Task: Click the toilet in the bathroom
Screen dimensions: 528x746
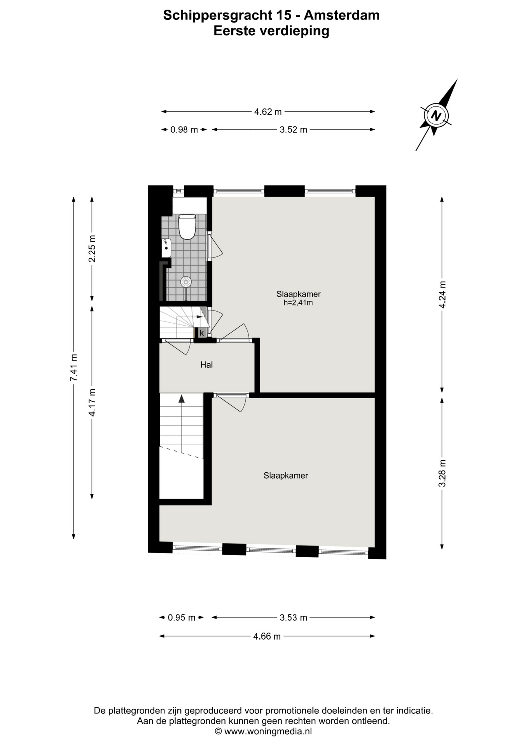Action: click(187, 227)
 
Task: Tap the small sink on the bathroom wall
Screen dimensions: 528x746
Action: click(166, 248)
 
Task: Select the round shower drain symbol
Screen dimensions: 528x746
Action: click(186, 282)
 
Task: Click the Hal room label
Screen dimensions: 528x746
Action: click(206, 364)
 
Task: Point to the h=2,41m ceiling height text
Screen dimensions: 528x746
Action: click(298, 303)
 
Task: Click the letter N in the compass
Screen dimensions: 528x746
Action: click(436, 115)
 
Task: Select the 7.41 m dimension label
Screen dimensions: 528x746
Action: click(73, 367)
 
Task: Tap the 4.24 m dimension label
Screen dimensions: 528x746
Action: click(442, 295)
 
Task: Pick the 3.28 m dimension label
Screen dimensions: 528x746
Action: click(442, 473)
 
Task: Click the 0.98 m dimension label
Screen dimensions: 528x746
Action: click(184, 130)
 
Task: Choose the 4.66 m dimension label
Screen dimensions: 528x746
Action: click(267, 636)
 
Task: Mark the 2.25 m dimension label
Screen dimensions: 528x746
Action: click(92, 249)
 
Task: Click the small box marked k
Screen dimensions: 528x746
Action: click(202, 333)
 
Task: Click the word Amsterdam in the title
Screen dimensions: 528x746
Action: click(341, 15)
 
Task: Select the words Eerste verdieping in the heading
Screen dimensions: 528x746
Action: click(271, 31)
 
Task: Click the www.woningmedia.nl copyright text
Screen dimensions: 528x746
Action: click(264, 731)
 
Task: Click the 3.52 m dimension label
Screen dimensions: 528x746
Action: click(293, 130)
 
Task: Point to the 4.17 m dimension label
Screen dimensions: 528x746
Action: click(92, 402)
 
